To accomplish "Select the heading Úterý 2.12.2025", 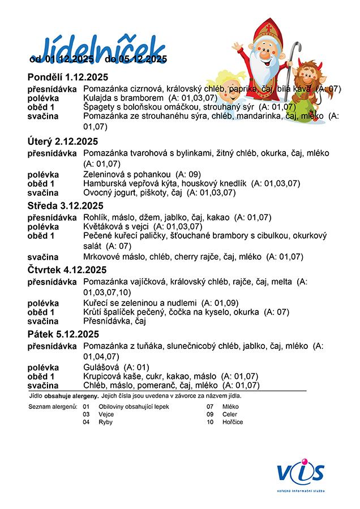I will [63, 141].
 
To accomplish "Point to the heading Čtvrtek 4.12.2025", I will [67, 270].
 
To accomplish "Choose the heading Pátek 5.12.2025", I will [63, 334].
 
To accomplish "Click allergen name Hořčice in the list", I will [233, 422].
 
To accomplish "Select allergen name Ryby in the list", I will [105, 422].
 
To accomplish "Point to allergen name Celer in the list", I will [230, 414].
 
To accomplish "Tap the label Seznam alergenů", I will [52, 407].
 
